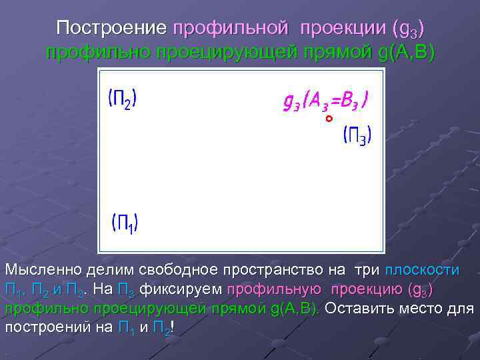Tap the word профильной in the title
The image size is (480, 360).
[231, 29]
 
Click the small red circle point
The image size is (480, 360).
[329, 119]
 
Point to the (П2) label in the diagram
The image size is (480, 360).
[123, 100]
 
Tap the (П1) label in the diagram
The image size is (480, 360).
[125, 222]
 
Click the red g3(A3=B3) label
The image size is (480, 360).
[326, 101]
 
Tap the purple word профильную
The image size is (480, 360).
[272, 290]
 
